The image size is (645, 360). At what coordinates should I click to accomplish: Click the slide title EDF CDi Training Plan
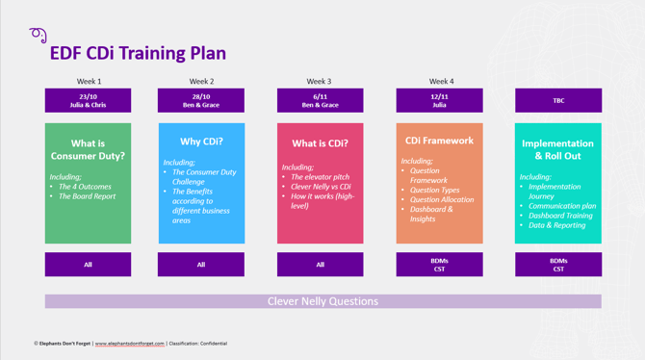[138, 54]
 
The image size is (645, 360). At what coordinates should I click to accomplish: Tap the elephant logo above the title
[39, 36]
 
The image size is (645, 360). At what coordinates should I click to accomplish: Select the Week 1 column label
[89, 82]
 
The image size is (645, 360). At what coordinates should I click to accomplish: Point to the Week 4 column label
[441, 82]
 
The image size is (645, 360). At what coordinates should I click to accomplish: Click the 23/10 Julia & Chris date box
[88, 100]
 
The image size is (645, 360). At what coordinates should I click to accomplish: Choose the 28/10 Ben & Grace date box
[201, 100]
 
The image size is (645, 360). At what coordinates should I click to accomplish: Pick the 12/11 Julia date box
[439, 100]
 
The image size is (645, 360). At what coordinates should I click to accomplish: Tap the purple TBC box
[558, 100]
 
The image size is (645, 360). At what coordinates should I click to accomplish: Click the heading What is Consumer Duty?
[88, 149]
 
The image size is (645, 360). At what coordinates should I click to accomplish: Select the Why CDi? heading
[201, 141]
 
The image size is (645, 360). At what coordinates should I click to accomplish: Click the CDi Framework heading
[439, 141]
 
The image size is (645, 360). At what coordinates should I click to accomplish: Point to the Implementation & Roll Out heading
[558, 149]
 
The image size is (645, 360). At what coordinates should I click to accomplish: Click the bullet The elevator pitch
[321, 177]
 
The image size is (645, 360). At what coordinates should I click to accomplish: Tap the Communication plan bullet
[562, 205]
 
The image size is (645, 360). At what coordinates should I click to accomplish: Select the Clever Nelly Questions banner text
[322, 301]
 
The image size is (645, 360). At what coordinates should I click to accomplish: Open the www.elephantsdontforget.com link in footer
[129, 344]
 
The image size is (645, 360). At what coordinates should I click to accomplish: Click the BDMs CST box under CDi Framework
[439, 265]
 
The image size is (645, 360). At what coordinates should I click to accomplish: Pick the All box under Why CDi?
[201, 265]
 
